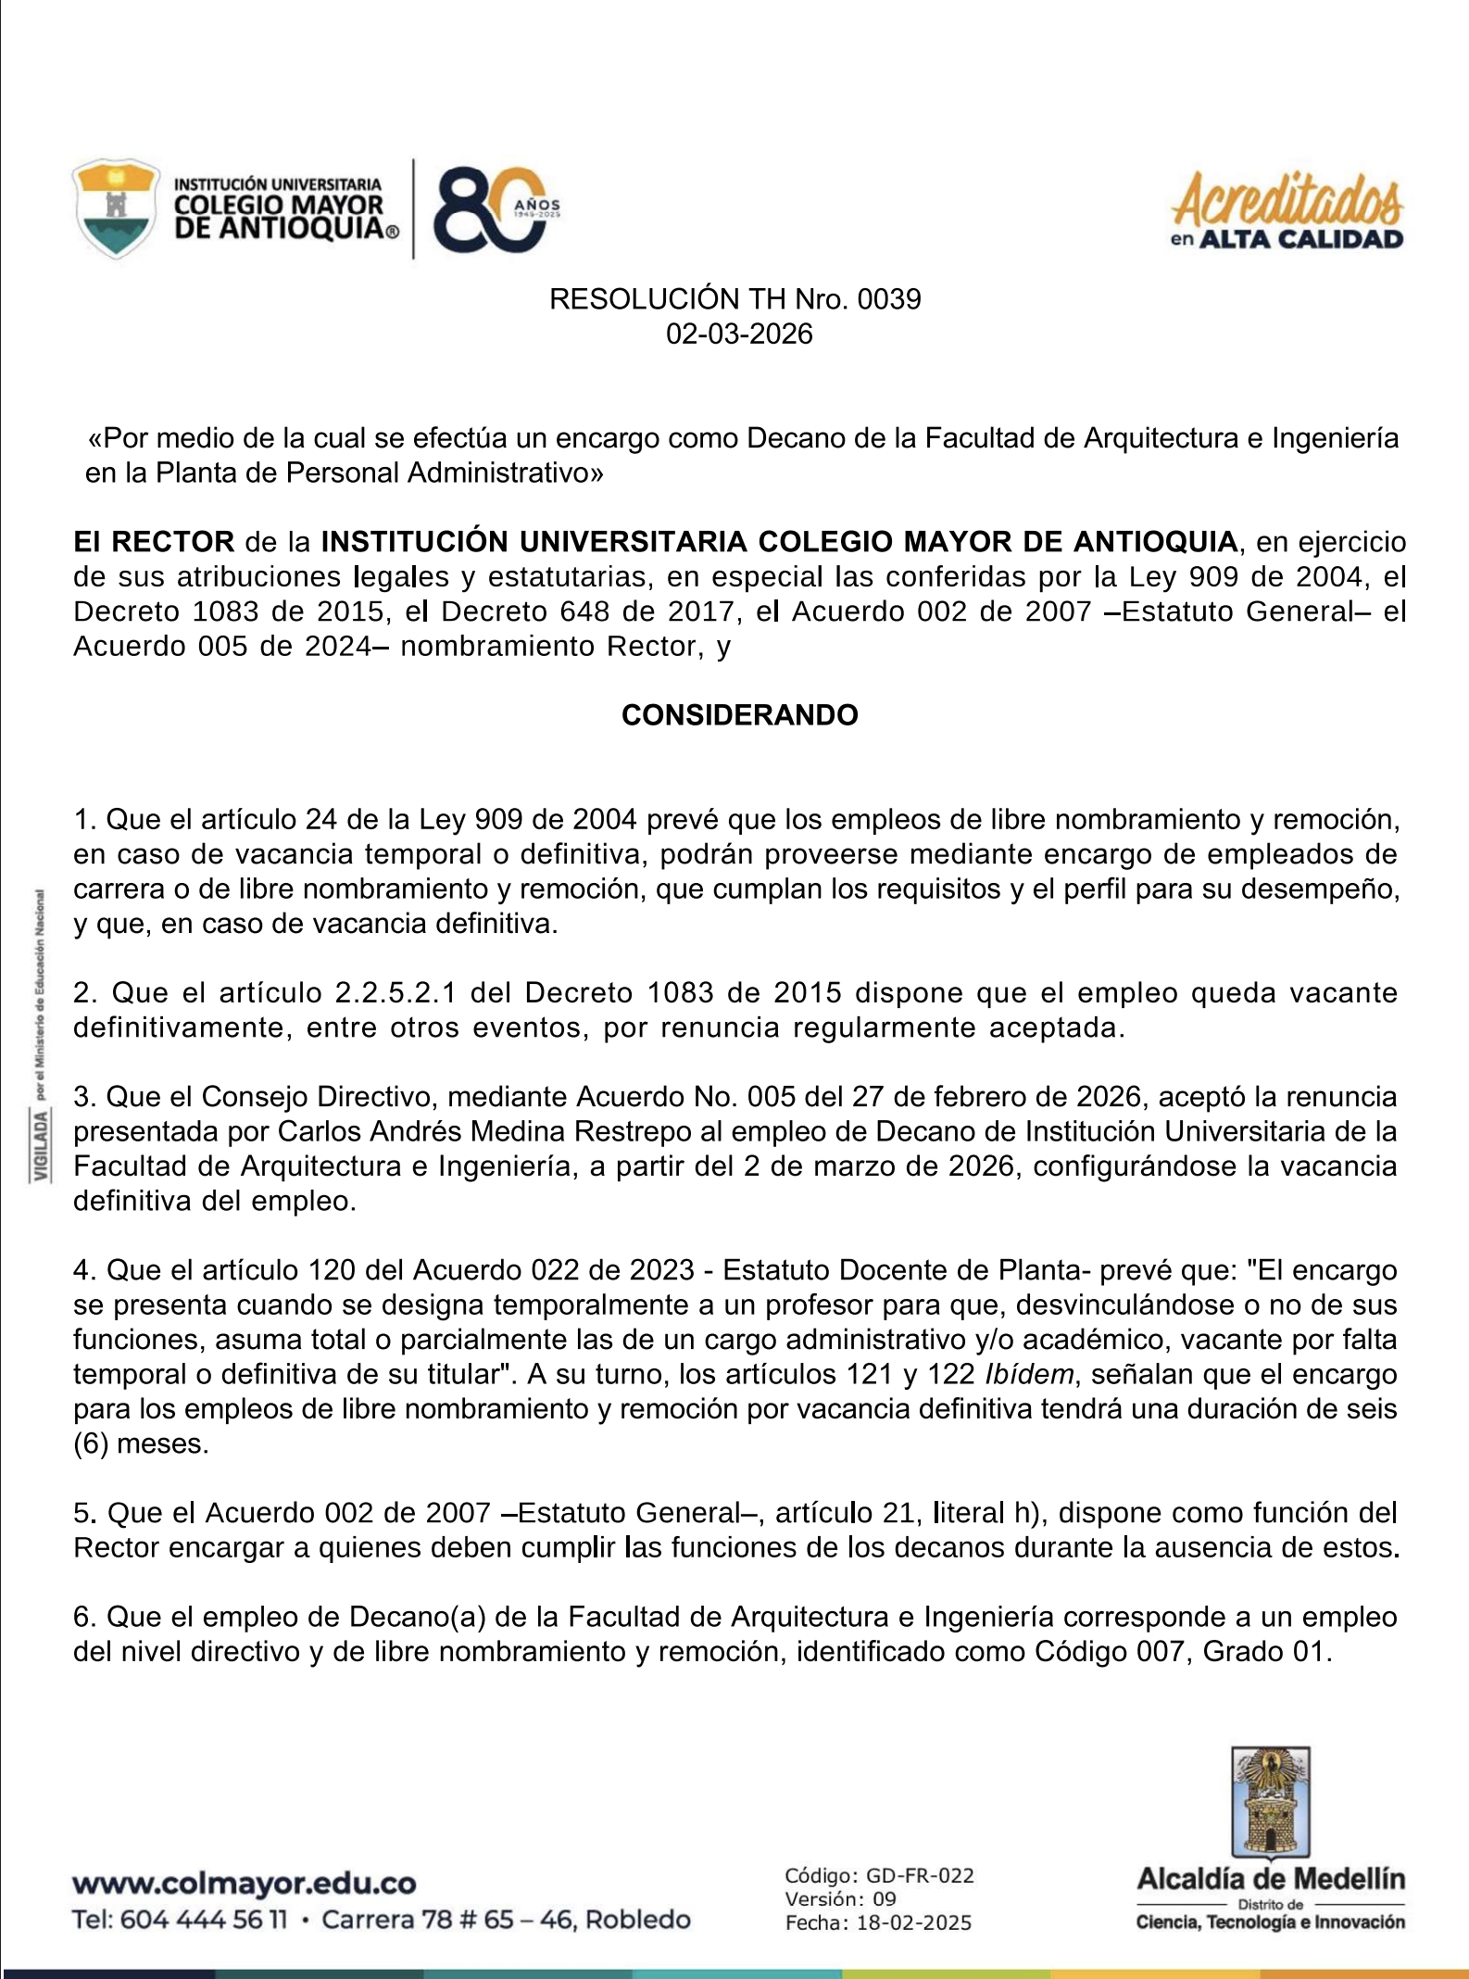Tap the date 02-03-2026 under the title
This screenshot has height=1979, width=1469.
pos(739,334)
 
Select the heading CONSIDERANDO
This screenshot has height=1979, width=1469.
pos(739,715)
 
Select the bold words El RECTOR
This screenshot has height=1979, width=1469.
pos(154,542)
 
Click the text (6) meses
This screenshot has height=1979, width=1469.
pos(141,1444)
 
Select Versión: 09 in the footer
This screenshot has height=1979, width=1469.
pos(841,1898)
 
